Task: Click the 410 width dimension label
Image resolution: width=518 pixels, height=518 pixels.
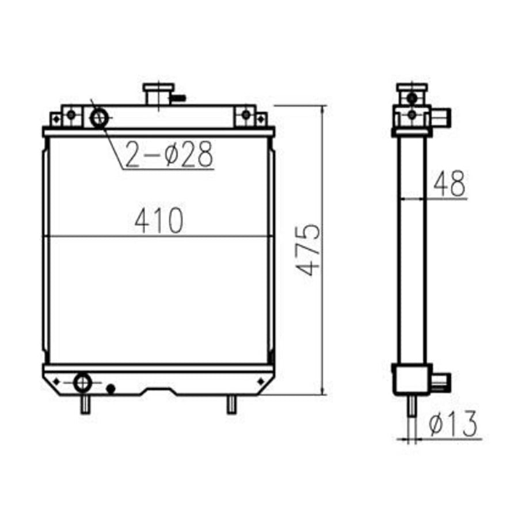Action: point(159,220)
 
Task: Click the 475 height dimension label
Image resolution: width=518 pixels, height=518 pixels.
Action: point(308,250)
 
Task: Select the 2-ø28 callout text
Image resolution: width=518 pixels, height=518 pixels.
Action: point(169,154)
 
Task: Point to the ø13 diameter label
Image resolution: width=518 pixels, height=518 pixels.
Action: point(454,424)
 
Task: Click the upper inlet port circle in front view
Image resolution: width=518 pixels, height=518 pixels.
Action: point(99,118)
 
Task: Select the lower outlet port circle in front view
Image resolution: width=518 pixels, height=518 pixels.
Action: point(82,383)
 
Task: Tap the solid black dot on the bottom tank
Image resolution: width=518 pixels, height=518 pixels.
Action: point(111,389)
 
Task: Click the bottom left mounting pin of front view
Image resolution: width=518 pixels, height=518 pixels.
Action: point(85,405)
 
